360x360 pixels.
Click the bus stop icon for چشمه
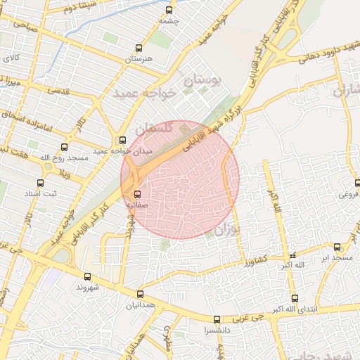coord(169,10)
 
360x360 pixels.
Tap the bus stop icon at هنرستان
coord(139,49)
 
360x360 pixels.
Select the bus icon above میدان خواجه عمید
coord(123,140)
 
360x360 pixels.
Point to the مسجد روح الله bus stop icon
coord(65,148)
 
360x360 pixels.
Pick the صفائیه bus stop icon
coord(136,193)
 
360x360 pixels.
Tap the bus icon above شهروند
coord(87,276)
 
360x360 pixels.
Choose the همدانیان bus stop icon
coord(140,295)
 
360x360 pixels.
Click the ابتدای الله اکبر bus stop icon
coord(294,298)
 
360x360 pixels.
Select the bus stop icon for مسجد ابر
coord(337,247)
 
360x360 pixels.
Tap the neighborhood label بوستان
coord(202,82)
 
